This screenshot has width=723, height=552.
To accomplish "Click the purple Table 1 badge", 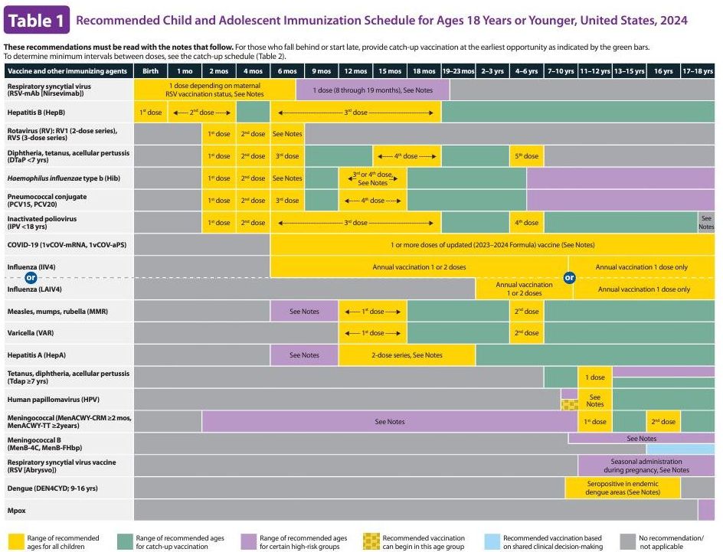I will [x=38, y=21].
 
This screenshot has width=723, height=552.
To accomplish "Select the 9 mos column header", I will [x=322, y=70].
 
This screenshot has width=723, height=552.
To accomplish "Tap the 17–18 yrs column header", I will [x=697, y=70].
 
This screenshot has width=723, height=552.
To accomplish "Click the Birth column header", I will [x=151, y=70].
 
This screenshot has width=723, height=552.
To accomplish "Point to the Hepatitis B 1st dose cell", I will [x=151, y=113].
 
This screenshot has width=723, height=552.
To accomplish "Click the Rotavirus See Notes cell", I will [x=287, y=134].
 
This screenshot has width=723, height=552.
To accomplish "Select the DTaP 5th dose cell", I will [x=526, y=156].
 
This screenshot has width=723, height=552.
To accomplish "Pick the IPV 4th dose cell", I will [x=526, y=223].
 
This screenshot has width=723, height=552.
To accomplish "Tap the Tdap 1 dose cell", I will [x=595, y=377].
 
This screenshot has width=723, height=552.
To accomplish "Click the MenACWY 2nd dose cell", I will [x=663, y=422].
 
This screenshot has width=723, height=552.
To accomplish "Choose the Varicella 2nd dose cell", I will [x=526, y=333].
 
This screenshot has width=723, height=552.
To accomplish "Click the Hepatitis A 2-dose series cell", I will [x=407, y=355].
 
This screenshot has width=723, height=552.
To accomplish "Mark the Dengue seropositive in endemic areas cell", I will [x=622, y=488].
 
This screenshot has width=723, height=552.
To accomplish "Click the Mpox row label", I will [x=17, y=510].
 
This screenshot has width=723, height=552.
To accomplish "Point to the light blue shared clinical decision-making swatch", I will [x=493, y=541].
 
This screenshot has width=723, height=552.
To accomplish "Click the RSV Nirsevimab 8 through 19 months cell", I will [x=372, y=90].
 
